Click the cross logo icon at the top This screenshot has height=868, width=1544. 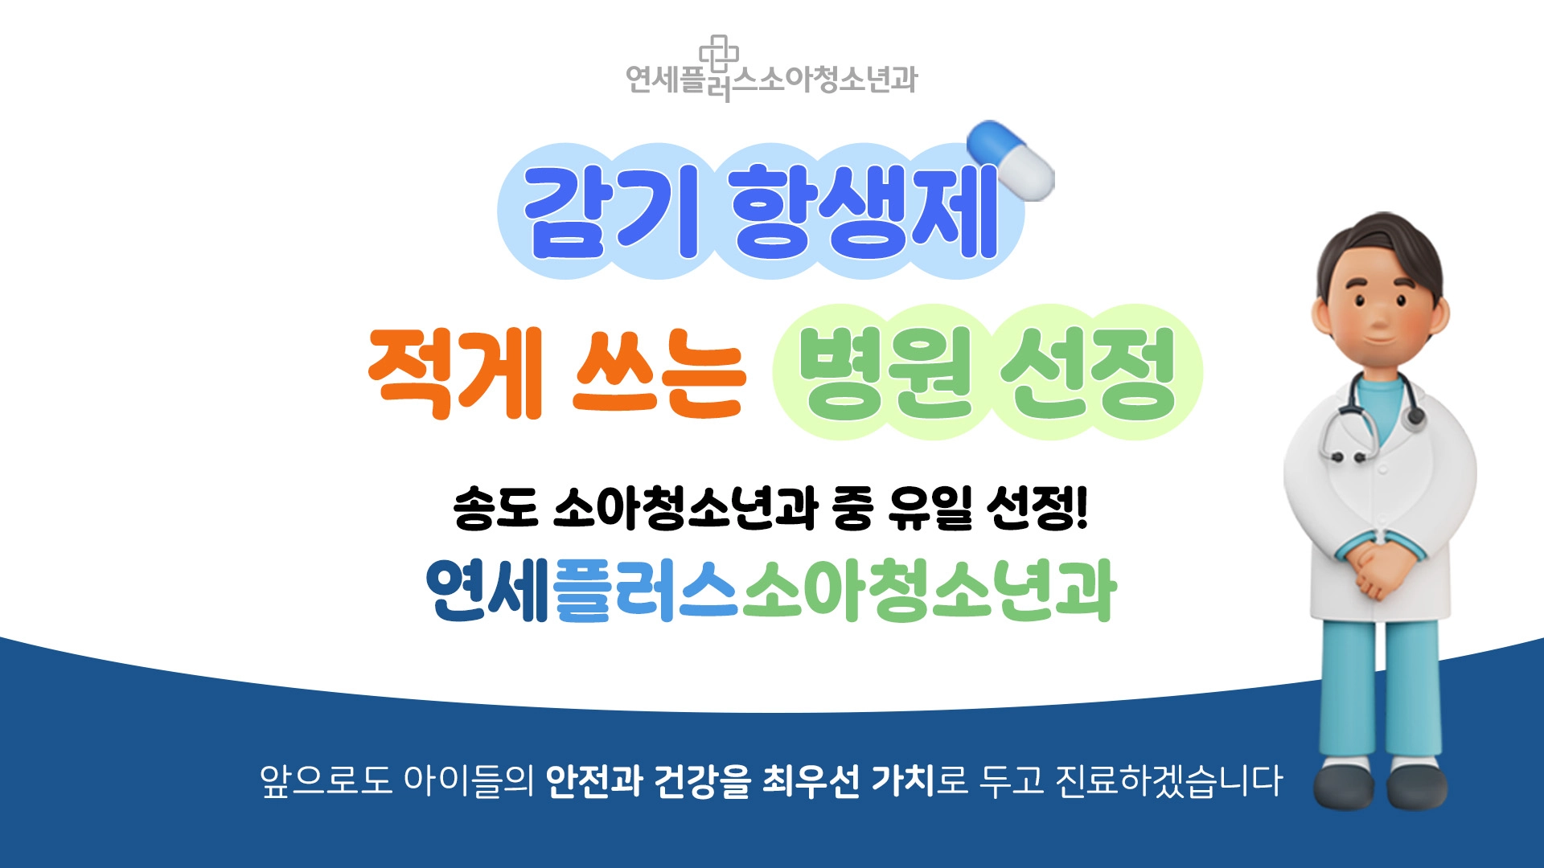tap(719, 53)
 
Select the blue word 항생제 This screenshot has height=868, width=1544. tap(865, 211)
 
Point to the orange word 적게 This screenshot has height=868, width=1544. tap(456, 373)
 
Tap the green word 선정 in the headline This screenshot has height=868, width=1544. tap(1089, 374)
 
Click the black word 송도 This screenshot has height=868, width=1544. tap(495, 508)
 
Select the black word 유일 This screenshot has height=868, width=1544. tap(930, 508)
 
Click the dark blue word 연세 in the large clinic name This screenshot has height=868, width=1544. tap(487, 591)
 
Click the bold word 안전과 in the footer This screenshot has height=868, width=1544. tap(593, 780)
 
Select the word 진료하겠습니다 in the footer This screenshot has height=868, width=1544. tap(1168, 780)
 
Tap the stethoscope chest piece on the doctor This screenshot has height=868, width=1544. tap(1414, 416)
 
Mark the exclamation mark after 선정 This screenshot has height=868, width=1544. tap(1081, 508)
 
